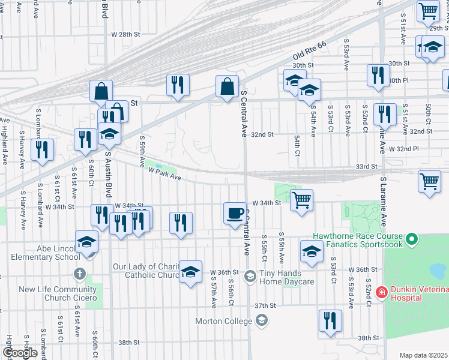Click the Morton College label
pos(223,321)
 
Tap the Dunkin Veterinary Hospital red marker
pos(381,292)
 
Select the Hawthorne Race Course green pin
pos(411,240)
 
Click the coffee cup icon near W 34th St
pos(235,213)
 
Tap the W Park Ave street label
pos(164,173)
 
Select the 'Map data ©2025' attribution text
pos(423,355)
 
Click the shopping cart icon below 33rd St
pos(429,181)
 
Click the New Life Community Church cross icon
pos(79,274)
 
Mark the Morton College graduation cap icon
pos(261,321)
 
